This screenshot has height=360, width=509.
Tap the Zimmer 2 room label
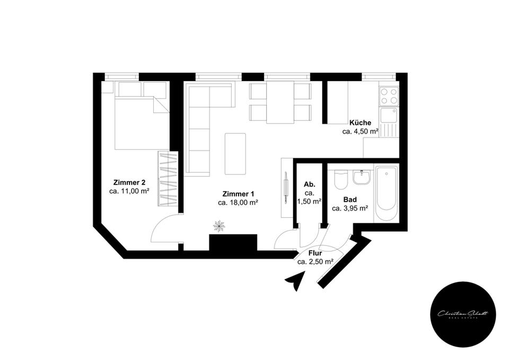coord(129,182)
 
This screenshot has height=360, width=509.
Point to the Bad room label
coord(350,200)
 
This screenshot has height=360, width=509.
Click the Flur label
coord(315,253)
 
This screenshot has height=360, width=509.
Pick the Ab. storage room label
coord(310,185)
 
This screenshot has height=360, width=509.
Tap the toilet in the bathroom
coord(341,180)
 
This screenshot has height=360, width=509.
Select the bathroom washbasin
coord(362,177)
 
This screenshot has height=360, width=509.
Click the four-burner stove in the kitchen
coord(388,95)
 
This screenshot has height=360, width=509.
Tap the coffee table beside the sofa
coord(235,153)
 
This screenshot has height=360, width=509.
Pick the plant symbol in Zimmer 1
coord(219,226)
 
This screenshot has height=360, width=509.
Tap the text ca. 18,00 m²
coord(238,202)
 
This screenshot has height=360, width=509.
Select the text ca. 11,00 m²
coord(129,191)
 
